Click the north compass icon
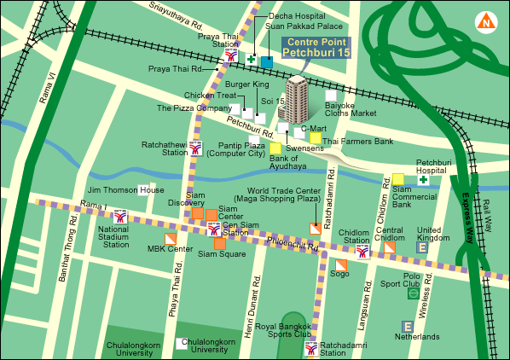pos(487,21)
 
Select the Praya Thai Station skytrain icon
pos(230,55)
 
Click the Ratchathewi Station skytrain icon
pos(197,148)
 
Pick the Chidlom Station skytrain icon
pos(363,251)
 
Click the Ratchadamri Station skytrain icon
pos(314,347)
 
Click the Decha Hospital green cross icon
pos(252,59)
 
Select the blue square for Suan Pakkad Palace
pos(267,61)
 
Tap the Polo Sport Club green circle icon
pos(413,293)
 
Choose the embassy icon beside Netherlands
pos(407,326)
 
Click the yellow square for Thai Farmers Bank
pos(316,139)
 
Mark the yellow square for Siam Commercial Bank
pos(398,179)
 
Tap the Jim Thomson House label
pos(126,189)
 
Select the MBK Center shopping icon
pos(171,238)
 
